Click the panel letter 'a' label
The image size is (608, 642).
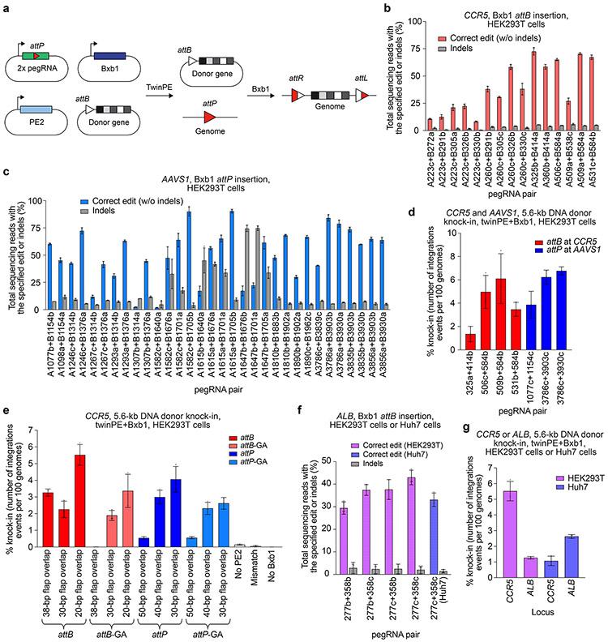pyautogui.click(x=6, y=6)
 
